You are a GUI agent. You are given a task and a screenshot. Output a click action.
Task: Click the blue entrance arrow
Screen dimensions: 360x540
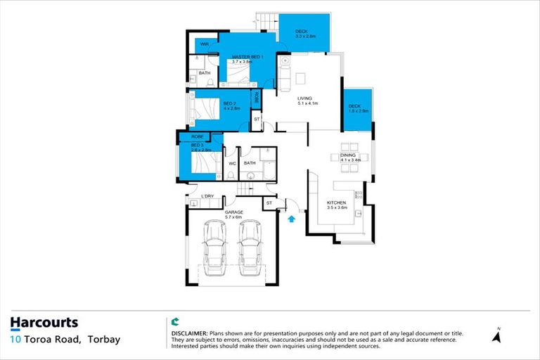292,219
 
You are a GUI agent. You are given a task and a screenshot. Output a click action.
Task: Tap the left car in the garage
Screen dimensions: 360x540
214,250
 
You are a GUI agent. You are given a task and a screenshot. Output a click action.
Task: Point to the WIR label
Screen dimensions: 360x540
205,44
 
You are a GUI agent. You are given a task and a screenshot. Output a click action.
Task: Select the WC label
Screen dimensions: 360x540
231,163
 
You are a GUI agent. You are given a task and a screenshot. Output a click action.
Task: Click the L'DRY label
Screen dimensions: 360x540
207,196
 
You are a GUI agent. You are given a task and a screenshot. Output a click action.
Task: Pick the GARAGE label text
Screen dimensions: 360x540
233,212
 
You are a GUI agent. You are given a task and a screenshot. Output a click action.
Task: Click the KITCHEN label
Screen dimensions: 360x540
337,202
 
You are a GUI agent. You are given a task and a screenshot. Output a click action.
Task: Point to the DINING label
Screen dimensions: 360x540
348,155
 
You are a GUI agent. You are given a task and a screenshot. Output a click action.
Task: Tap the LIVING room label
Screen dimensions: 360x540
304,98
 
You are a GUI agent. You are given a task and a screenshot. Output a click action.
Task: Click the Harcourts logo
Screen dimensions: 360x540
44,323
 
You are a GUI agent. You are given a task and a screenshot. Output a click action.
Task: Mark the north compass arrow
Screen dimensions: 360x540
497,337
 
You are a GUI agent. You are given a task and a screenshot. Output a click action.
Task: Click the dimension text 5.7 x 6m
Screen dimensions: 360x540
233,217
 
